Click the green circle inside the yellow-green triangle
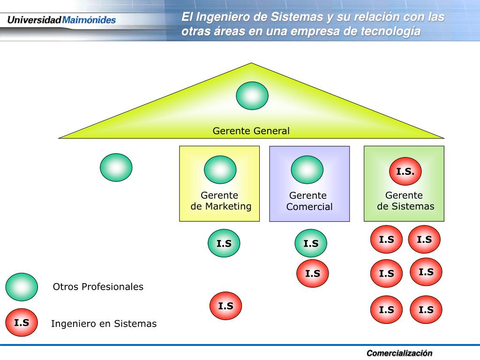(252, 96)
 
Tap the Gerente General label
(251, 131)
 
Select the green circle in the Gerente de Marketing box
(220, 170)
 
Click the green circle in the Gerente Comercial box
(307, 170)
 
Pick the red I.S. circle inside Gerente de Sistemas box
(405, 172)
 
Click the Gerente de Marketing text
(221, 201)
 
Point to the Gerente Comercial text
(309, 201)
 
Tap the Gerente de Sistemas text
(405, 201)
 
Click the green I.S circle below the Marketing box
(224, 243)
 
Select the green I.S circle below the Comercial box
(311, 243)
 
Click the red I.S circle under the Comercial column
(313, 273)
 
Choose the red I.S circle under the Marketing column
(225, 306)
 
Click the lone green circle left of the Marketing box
(116, 167)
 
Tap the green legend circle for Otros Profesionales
(22, 287)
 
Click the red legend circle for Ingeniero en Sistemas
(22, 322)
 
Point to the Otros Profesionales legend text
(98, 287)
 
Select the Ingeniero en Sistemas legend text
(104, 323)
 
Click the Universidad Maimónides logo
(61, 20)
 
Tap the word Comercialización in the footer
(399, 353)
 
